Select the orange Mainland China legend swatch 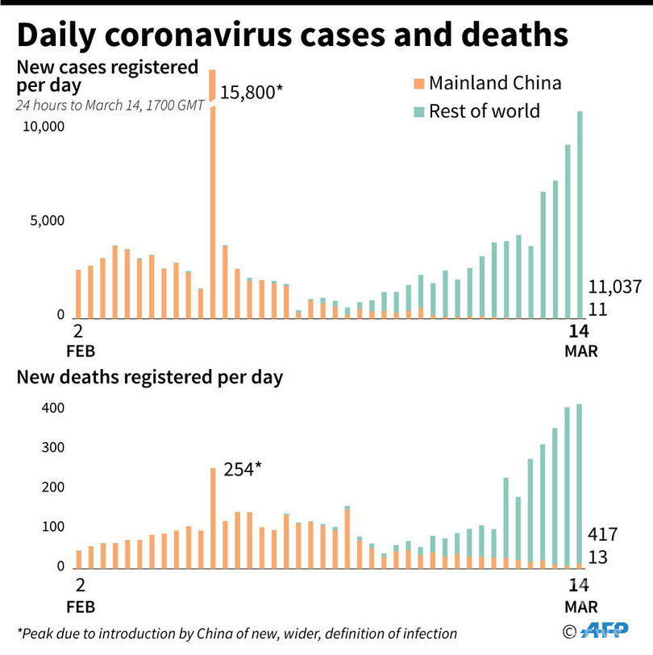[x=417, y=83]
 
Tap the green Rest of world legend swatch [x=417, y=110]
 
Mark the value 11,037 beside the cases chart [x=614, y=286]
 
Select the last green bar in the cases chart [x=579, y=214]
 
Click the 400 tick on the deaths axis [x=52, y=408]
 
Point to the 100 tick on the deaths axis [x=52, y=528]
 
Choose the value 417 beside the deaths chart [x=603, y=534]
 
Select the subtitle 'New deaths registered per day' [x=150, y=377]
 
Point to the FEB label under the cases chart [x=78, y=351]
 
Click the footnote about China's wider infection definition [x=237, y=633]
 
